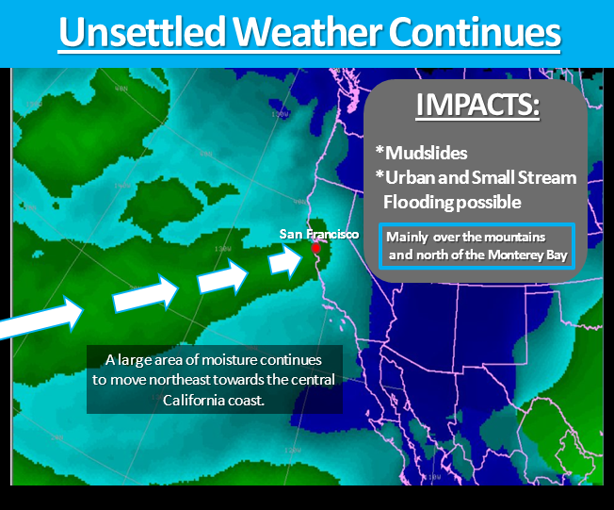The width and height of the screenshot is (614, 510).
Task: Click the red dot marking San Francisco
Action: pyautogui.click(x=315, y=248)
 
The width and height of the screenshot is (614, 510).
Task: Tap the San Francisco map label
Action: pyautogui.click(x=318, y=234)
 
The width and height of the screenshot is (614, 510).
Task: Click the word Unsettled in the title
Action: pyautogui.click(x=142, y=32)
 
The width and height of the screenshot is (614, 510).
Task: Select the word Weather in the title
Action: pyautogui.click(x=308, y=32)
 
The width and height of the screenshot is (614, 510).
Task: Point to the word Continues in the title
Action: pyautogui.click(x=475, y=32)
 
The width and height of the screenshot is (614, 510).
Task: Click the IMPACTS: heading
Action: pyautogui.click(x=477, y=105)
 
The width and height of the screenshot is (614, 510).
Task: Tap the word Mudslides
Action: pyautogui.click(x=426, y=153)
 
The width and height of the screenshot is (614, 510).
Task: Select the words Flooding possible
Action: pyautogui.click(x=452, y=203)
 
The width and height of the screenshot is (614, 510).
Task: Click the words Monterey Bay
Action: pyautogui.click(x=528, y=255)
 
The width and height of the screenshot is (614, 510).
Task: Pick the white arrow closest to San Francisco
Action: pyautogui.click(x=286, y=261)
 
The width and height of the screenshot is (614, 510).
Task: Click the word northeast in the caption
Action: pyautogui.click(x=181, y=380)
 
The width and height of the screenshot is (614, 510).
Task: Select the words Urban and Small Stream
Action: pyautogui.click(x=481, y=177)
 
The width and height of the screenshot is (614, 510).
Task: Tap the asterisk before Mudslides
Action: pyautogui.click(x=380, y=150)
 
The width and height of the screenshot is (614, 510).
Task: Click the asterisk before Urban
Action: pyautogui.click(x=380, y=174)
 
